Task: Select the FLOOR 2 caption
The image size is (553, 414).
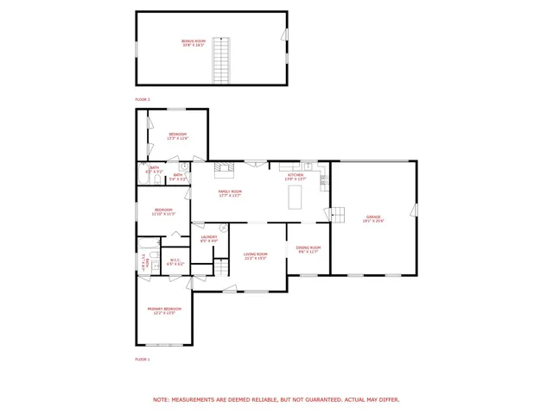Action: tap(143, 100)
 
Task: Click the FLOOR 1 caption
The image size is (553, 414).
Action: tap(143, 359)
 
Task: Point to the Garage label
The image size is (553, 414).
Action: tap(373, 219)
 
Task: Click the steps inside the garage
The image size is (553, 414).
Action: tap(340, 213)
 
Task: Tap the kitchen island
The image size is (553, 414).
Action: tap(296, 196)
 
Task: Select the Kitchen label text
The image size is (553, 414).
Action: tap(296, 177)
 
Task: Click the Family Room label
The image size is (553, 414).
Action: tap(230, 193)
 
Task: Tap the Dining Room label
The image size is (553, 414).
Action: tap(308, 249)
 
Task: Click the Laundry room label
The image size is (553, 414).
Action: tap(209, 238)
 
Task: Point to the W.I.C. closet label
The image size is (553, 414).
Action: tap(175, 261)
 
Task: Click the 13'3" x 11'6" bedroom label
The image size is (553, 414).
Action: tap(178, 135)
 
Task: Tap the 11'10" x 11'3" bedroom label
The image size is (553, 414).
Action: tap(164, 211)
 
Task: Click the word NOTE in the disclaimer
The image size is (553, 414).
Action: tap(161, 399)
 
